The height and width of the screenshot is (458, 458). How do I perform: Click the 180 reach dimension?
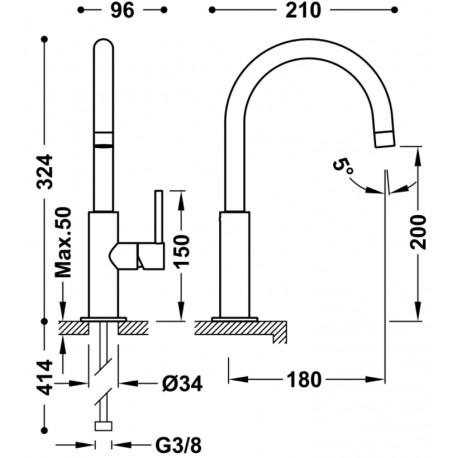[303, 381]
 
